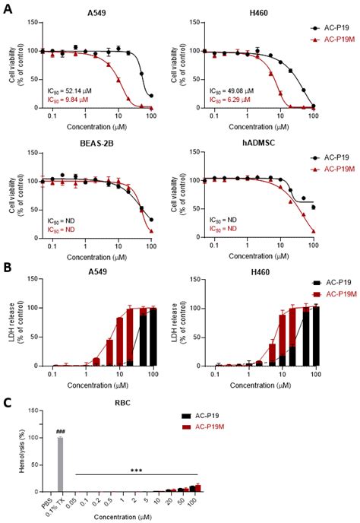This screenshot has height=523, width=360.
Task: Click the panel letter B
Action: point(7,267)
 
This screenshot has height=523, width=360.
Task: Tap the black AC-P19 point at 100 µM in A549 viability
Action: point(151,97)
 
